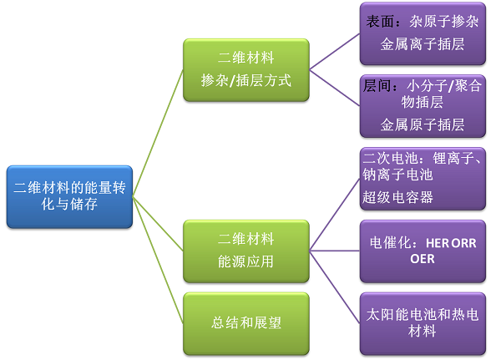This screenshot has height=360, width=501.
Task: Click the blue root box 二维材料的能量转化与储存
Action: click(69, 196)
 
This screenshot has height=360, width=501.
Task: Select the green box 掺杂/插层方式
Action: click(246, 70)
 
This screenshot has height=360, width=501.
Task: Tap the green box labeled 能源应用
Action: click(246, 251)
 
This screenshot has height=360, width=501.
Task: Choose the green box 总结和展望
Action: click(246, 323)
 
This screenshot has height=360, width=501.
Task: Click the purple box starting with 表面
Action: click(423, 33)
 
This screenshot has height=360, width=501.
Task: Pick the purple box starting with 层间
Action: click(423, 106)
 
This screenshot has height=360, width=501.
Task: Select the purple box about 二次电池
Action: click(423, 179)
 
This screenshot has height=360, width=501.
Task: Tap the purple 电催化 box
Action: click(423, 251)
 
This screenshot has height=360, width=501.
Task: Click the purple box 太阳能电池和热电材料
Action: click(423, 323)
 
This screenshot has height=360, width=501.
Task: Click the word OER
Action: click(423, 259)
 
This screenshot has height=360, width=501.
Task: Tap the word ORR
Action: click(464, 244)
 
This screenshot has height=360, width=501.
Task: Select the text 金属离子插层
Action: click(423, 44)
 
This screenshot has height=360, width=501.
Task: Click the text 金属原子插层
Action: click(423, 124)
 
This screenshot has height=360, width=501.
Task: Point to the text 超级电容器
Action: click(397, 197)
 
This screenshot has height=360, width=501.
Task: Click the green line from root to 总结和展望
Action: click(158, 260)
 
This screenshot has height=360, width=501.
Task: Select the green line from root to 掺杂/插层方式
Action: click(158, 134)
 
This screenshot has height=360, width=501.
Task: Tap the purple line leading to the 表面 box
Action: click(335, 52)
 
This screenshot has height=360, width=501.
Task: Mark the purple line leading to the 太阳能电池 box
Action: click(335, 287)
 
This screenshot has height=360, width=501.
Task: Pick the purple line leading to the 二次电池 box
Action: click(335, 215)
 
